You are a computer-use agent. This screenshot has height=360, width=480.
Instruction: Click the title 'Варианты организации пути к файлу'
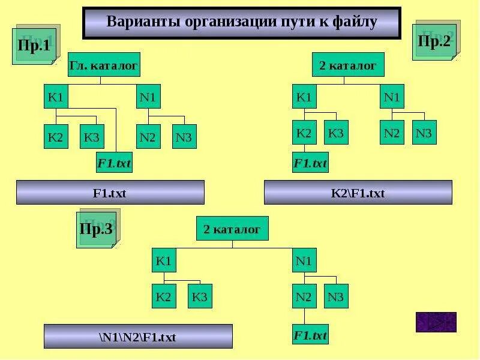(x=241, y=23)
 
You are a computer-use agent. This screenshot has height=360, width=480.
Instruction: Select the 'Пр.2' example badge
(x=434, y=41)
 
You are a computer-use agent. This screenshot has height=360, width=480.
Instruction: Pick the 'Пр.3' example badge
(x=97, y=229)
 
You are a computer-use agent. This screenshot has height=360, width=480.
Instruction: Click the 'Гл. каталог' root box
(x=104, y=65)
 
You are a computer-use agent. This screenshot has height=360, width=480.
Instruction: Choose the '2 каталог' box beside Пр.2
(x=348, y=65)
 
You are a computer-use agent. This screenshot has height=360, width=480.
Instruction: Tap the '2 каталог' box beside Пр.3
(x=232, y=229)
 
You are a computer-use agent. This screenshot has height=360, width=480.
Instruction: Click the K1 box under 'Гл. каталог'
(x=56, y=97)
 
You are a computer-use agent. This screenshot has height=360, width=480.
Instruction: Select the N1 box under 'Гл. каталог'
(x=148, y=97)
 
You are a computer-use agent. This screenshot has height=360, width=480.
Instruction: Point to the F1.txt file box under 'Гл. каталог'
(x=114, y=162)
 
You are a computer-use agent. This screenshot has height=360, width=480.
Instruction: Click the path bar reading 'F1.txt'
(x=110, y=193)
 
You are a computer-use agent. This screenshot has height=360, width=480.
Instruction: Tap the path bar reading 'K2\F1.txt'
(x=358, y=193)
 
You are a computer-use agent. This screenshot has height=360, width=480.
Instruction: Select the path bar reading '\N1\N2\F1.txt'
(x=138, y=337)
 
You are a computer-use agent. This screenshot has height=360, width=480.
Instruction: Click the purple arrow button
(x=436, y=322)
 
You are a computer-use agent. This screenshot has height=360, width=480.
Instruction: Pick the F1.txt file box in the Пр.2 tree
(x=310, y=162)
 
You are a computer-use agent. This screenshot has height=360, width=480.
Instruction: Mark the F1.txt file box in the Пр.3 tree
(x=310, y=335)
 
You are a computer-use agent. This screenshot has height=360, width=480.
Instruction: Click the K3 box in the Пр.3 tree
(x=200, y=296)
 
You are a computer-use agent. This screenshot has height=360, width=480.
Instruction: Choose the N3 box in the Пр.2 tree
(x=424, y=133)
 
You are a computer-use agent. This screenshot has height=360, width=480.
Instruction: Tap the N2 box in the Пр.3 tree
(x=304, y=296)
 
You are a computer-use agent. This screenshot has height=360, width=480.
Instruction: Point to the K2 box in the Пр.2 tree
(x=304, y=133)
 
